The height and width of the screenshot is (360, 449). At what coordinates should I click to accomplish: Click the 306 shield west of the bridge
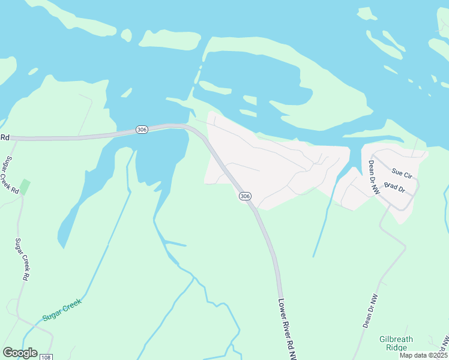(x=142, y=130)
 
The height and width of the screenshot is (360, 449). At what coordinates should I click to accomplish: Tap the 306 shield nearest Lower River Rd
(x=244, y=196)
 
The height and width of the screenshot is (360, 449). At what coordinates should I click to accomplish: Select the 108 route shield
(x=46, y=357)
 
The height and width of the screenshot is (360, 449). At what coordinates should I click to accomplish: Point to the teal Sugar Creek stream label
(x=61, y=309)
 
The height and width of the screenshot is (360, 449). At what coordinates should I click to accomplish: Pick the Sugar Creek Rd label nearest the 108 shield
(x=25, y=259)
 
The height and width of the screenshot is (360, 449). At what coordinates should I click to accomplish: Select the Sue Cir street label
(x=402, y=175)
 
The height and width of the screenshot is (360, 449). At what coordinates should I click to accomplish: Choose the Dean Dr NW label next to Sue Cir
(x=375, y=178)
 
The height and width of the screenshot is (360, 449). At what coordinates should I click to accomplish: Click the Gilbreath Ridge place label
(x=396, y=343)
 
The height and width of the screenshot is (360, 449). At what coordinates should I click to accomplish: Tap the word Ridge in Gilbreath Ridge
(x=396, y=347)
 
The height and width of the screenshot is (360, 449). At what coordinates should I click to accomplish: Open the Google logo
(x=20, y=353)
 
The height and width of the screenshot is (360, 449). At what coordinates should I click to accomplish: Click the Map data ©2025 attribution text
(x=423, y=355)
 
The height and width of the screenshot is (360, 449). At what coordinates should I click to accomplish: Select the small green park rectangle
(x=25, y=186)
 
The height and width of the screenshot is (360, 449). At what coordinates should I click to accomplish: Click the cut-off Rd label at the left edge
(x=5, y=137)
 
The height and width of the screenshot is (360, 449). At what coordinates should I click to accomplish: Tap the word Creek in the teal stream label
(x=71, y=305)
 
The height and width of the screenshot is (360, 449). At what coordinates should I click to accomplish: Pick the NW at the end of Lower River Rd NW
(x=292, y=354)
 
